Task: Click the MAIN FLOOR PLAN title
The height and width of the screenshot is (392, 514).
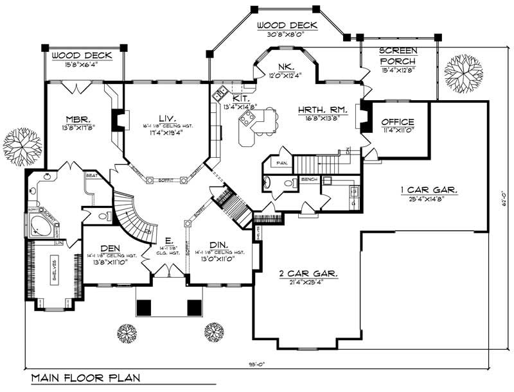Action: [x=86, y=379]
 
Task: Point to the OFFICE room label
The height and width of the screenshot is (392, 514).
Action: [x=398, y=122]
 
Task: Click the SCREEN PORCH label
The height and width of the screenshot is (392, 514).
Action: [x=398, y=55]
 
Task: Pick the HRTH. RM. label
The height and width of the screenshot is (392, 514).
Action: [x=323, y=110]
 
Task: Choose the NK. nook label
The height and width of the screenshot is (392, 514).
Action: [x=286, y=66]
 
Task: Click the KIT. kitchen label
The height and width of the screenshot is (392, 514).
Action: [x=230, y=99]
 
